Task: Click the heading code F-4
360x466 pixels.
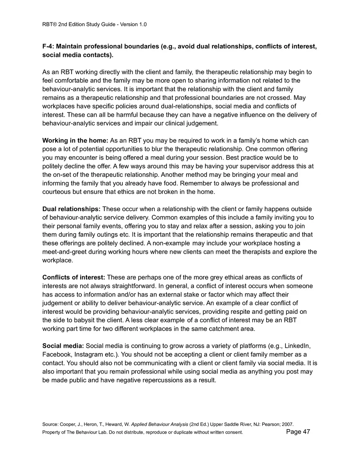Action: pos(48,46)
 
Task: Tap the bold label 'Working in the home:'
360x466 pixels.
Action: pos(75,140)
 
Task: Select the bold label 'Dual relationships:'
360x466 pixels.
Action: pos(71,209)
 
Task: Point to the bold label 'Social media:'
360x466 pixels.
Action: pos(63,346)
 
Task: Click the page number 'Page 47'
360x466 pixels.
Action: pos(298,432)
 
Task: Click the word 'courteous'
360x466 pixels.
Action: pos(58,191)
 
